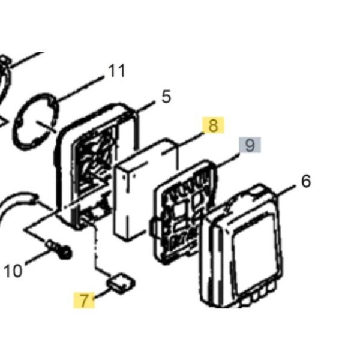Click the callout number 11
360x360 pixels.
pos(116,70)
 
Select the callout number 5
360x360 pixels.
pos(166,97)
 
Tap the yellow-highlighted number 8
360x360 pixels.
pos(213,125)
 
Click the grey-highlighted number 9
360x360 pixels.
pos(250,145)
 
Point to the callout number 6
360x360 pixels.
pos(306,181)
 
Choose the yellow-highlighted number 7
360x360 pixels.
pos(84,300)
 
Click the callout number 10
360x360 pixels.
pos(13,271)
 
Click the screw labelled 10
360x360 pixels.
pos(59,249)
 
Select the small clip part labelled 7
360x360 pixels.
pos(121,283)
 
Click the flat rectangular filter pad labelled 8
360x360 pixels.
pos(146,190)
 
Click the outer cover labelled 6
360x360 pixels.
pos(242,245)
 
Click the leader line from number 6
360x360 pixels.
pos(285,191)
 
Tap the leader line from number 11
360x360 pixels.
pos(79,88)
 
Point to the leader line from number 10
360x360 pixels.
pos(38,257)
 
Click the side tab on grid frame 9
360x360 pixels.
pos(154,228)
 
